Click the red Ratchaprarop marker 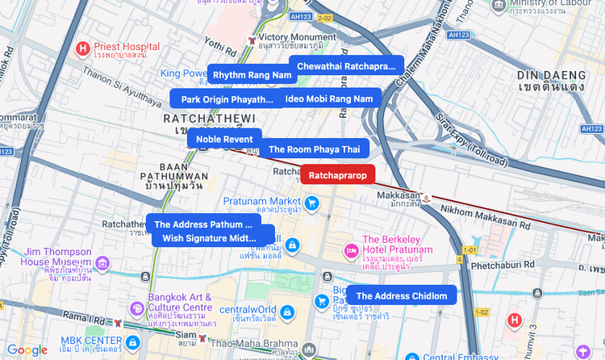pos(338,175)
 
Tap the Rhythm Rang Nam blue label pos(252,74)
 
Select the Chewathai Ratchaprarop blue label pos(346,65)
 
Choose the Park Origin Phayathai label pos(227,99)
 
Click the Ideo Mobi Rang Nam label pos(329,98)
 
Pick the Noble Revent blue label pos(224,139)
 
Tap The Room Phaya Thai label pos(314,149)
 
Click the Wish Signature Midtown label pos(209,237)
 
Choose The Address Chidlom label pos(401,295)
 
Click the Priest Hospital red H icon pos(82,49)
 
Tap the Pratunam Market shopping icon pos(313,203)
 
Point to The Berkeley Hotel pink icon pos(351,250)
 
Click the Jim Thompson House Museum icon pos(102,263)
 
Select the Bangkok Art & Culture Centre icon pos(136,308)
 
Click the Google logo pos(27,350)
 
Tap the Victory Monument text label pos(291,37)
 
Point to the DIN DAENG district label pos(551,75)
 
